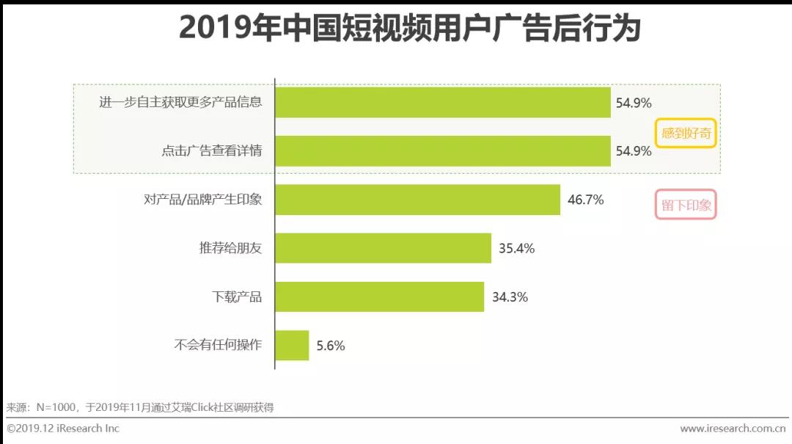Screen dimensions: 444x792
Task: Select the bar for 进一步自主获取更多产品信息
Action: coord(443,103)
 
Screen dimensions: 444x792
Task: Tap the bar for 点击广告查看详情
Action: coord(443,151)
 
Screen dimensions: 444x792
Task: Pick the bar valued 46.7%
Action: coord(417,200)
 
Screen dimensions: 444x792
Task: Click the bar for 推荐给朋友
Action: coord(383,248)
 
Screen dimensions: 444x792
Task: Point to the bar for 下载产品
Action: coord(379,296)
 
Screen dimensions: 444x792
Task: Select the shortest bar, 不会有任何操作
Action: coord(292,345)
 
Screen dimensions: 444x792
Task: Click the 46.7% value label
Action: coord(585,200)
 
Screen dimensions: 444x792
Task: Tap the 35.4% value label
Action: coord(516,248)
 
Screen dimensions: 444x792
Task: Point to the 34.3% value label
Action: coord(510,297)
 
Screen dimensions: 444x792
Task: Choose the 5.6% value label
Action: coord(331,346)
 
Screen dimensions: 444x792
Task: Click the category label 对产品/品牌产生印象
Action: coord(203,200)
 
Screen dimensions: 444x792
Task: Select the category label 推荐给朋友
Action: coord(230,248)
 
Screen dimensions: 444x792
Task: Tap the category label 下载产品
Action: coord(237,297)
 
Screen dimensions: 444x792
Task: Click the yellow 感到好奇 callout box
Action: coord(686,134)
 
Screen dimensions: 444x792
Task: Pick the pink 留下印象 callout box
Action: coord(686,205)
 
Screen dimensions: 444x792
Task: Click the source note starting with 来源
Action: coord(140,407)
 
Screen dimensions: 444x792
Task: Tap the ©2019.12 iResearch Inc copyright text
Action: coord(63,429)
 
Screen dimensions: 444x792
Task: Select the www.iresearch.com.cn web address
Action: coord(733,429)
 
